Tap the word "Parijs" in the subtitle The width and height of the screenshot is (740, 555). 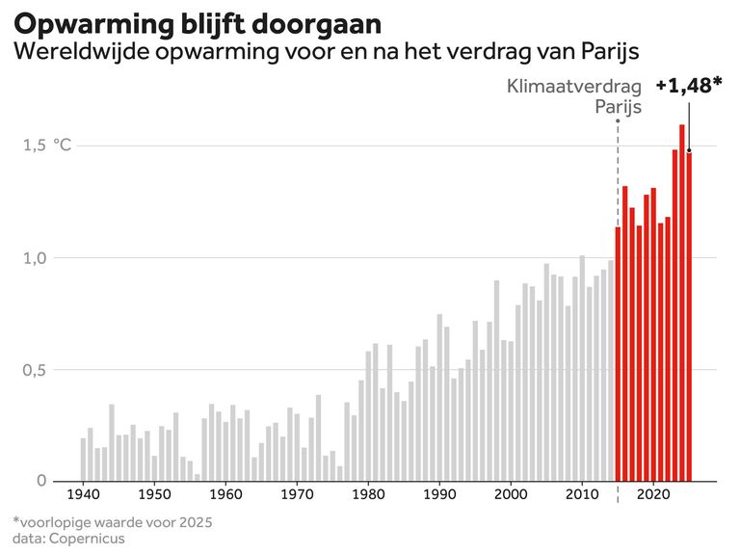tap(611, 50)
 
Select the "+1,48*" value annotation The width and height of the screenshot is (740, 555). tap(688, 86)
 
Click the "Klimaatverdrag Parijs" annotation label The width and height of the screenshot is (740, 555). tap(574, 96)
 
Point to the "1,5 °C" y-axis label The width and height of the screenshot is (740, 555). tap(48, 145)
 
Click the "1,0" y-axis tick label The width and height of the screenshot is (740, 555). tap(36, 257)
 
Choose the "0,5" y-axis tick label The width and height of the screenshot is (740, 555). tap(36, 370)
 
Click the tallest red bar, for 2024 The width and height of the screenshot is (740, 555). tap(682, 303)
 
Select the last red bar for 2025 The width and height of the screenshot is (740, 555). tap(689, 316)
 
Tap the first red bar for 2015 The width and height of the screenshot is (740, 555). tap(619, 354)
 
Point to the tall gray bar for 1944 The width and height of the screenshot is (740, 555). tap(112, 442)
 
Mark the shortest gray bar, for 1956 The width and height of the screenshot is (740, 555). tap(198, 477)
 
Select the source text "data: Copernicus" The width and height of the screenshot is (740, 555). tap(68, 538)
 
